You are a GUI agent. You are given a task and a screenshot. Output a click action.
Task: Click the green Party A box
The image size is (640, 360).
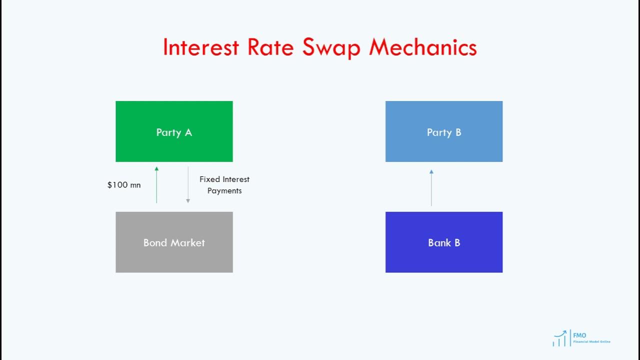(x=174, y=131)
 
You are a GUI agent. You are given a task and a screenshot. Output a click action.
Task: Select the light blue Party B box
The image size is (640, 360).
(x=444, y=131)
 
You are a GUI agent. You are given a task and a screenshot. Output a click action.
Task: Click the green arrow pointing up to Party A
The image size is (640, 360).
(x=156, y=184)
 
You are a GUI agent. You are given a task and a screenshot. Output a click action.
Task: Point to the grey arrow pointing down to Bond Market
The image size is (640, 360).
(x=188, y=184)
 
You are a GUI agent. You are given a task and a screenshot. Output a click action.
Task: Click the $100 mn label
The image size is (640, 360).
(x=124, y=185)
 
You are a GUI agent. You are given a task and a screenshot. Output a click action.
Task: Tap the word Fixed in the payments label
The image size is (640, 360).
(x=210, y=179)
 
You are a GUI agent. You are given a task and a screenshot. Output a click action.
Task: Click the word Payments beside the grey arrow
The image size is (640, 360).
(x=224, y=190)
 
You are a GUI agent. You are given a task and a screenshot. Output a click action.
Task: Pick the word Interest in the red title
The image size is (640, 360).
(x=201, y=47)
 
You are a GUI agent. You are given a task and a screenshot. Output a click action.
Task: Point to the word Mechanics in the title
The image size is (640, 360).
(x=423, y=47)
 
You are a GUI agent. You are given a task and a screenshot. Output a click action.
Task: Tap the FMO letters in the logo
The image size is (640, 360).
(x=580, y=335)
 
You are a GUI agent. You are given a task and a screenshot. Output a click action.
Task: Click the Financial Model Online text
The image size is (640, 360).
(x=592, y=341)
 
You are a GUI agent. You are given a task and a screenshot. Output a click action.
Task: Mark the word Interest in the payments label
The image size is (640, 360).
(x=236, y=179)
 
